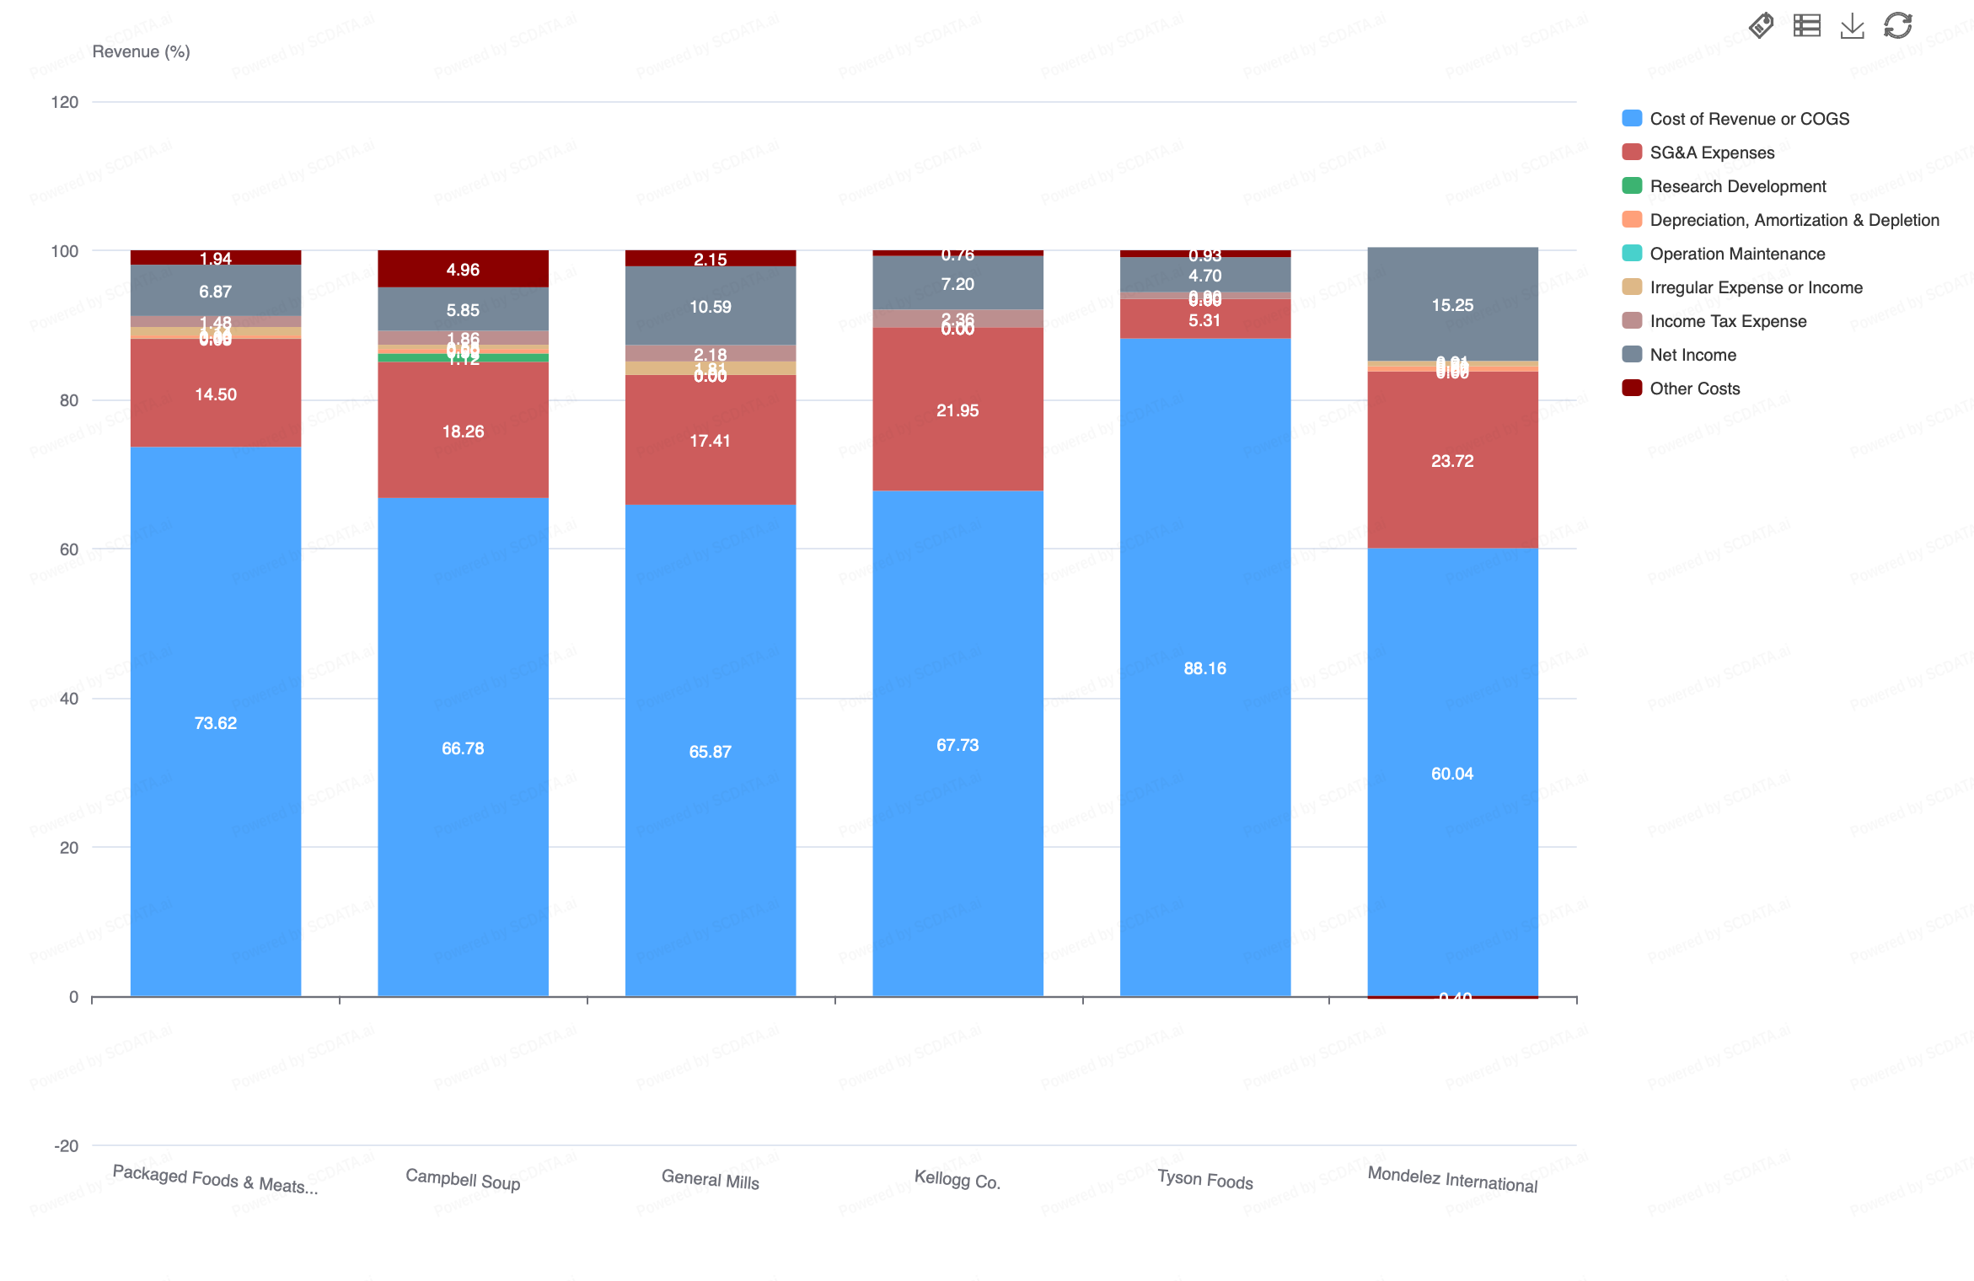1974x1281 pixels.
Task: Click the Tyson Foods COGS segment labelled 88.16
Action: point(1204,668)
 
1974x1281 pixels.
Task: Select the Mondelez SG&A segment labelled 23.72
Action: point(1451,461)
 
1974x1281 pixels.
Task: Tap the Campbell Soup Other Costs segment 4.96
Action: point(463,270)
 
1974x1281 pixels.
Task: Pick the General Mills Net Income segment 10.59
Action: point(710,306)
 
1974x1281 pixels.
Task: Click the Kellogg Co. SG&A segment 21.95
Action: point(957,410)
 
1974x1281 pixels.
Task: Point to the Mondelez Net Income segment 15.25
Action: point(1451,304)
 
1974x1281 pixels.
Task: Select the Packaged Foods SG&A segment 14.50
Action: point(216,394)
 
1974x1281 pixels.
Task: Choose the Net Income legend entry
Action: point(1692,355)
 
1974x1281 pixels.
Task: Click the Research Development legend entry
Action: point(1737,186)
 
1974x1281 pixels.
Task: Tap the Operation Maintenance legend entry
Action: point(1736,254)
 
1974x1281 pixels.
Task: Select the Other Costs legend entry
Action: point(1694,389)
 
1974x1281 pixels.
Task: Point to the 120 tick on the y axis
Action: point(65,102)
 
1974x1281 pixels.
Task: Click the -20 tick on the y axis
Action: point(66,1145)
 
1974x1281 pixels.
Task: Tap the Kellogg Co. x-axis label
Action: point(957,1179)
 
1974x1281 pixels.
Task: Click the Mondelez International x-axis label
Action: point(1451,1179)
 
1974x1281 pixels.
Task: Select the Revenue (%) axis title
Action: point(141,51)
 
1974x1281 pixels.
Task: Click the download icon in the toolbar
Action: point(1852,26)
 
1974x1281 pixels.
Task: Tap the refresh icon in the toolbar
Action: point(1897,26)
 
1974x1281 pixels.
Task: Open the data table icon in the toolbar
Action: point(1806,26)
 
